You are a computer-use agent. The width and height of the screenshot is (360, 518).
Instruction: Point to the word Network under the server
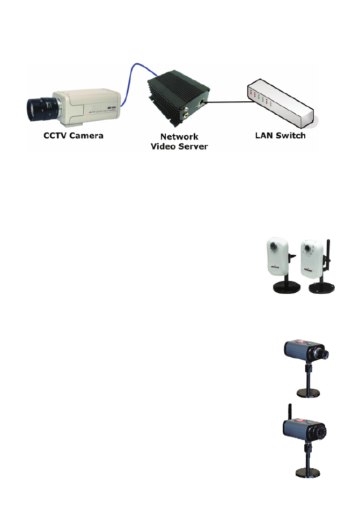(x=179, y=137)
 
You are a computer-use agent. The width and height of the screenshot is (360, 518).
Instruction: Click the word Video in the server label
(x=164, y=146)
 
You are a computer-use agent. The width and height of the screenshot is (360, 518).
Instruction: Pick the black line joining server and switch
(x=225, y=101)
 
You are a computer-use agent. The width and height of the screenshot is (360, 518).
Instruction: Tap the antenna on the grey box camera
(x=289, y=411)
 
